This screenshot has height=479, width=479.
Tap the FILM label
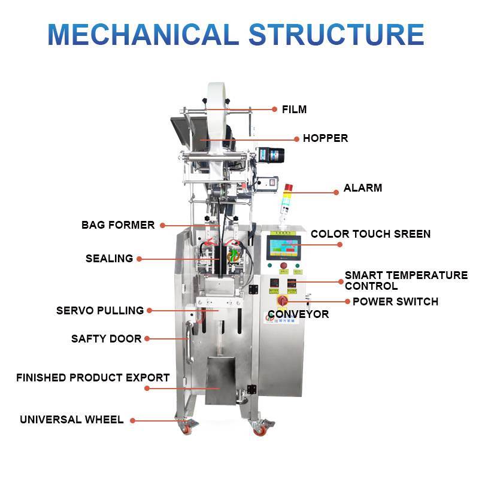[294, 110]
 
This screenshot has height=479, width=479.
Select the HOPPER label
[325, 138]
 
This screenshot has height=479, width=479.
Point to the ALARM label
[363, 188]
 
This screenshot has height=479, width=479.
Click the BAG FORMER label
[118, 225]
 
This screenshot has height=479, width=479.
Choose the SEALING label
[109, 259]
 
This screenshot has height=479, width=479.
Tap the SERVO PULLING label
[100, 311]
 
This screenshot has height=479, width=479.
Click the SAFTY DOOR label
[107, 339]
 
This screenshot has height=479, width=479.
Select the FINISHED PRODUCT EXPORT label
[93, 378]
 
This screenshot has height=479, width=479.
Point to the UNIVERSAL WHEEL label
[72, 420]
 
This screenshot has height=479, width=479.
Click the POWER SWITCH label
[395, 301]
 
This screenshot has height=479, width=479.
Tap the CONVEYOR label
[298, 314]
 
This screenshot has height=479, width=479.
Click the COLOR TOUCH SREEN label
[371, 234]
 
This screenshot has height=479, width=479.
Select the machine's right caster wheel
[261, 429]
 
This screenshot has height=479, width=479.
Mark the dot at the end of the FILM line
[275, 110]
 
